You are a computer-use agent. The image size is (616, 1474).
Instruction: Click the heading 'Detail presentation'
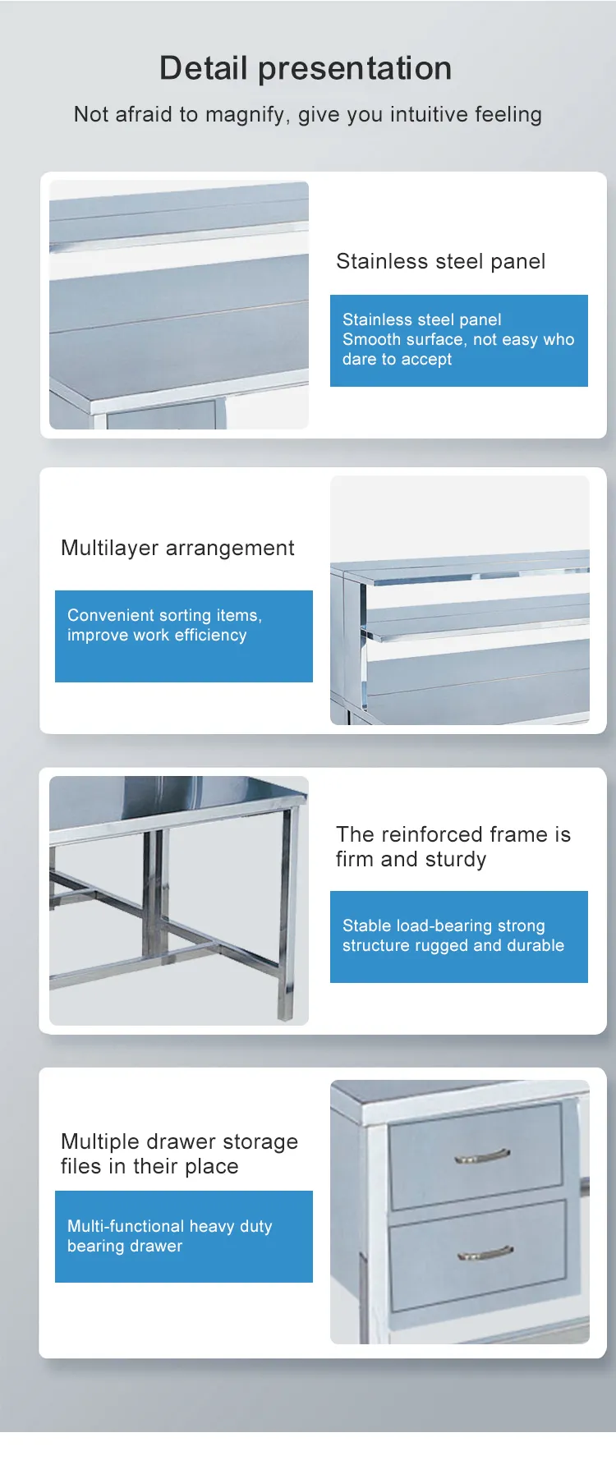[x=306, y=68]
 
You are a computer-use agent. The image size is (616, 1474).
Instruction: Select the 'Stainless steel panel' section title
[x=441, y=261]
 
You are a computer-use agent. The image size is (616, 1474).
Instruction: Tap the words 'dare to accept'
[x=398, y=360]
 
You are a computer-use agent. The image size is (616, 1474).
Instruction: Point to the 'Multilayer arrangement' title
[x=177, y=549]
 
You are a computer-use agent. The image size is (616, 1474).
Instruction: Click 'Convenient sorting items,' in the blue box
[x=164, y=615]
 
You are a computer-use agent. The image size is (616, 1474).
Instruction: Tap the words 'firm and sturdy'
[x=411, y=860]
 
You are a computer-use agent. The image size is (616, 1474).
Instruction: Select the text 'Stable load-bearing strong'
[x=444, y=925]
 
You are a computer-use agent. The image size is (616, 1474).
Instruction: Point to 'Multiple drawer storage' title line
[x=179, y=1141]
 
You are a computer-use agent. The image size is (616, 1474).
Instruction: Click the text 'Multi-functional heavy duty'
[x=169, y=1226]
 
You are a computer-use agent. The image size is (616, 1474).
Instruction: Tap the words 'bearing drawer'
[x=125, y=1246]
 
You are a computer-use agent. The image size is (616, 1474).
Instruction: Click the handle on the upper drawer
[x=482, y=1156]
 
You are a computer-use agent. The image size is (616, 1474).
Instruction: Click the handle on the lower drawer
[x=485, y=1253]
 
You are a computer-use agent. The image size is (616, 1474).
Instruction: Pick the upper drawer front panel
[x=476, y=1155]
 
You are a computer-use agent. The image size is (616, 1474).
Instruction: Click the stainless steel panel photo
[x=179, y=305]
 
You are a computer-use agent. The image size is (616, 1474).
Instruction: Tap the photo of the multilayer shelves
[x=460, y=600]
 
